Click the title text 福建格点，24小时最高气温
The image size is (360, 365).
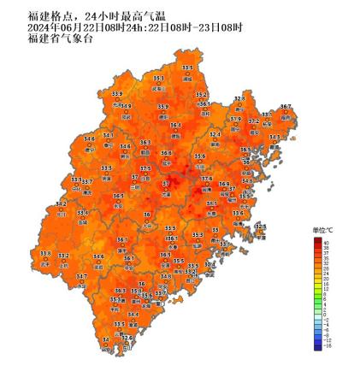82,15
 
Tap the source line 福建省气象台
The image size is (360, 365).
50,38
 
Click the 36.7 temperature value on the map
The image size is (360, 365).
286,107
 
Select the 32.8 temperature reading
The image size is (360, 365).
239,98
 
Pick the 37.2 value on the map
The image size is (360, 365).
254,121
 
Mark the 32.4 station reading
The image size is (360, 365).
215,134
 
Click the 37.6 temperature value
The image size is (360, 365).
206,179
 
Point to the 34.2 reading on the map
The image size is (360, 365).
61,204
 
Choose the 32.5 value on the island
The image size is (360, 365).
260,227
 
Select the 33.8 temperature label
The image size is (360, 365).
45,253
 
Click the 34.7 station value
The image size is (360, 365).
81,276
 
